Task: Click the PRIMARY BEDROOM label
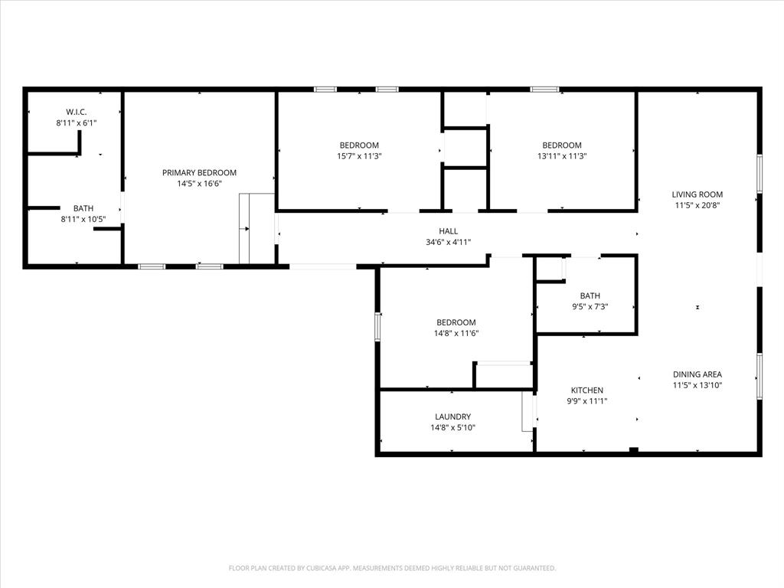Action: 199,173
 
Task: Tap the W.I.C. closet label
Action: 77,112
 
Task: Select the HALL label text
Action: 448,231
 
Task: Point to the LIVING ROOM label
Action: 697,194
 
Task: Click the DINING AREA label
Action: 697,374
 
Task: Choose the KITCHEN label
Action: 586,390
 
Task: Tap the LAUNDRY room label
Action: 452,417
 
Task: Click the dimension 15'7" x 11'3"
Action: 359,156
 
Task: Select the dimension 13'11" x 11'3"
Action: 561,156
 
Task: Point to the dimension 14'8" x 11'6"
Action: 456,334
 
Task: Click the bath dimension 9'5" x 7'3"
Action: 590,306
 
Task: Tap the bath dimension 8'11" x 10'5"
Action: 83,219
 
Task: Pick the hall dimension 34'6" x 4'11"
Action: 448,242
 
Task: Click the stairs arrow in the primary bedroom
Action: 246,228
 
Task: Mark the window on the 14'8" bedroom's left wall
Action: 377,326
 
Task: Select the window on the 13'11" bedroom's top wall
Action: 544,90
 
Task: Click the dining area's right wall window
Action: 759,375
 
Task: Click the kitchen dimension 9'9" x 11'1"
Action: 586,401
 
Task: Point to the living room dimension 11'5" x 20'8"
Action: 697,205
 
